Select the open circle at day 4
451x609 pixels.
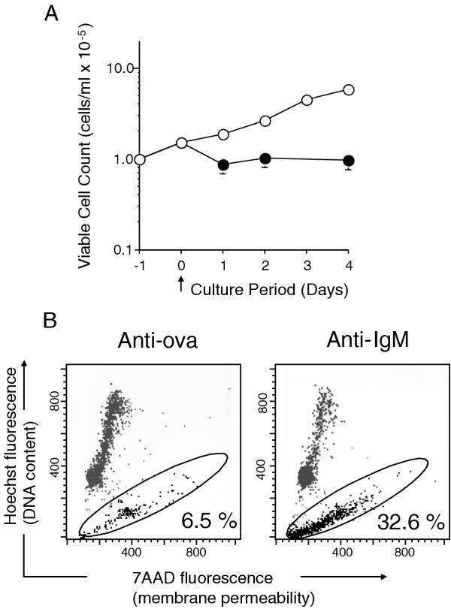349,90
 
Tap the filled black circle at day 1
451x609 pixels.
222,166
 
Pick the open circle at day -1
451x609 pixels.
140,159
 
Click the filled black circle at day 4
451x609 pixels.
349,161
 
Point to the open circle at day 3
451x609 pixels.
307,100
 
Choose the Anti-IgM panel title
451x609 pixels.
340,339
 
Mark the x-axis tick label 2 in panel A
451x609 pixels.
265,264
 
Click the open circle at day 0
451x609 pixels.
181,143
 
